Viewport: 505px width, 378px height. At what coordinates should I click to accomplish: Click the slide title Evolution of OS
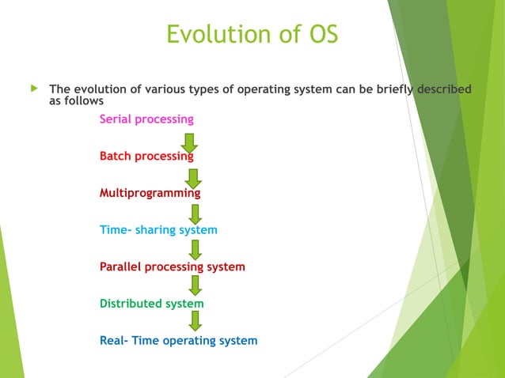pyautogui.click(x=252, y=35)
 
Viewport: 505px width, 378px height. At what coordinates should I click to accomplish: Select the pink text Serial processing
pyautogui.click(x=146, y=119)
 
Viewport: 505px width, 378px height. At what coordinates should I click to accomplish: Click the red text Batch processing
pyautogui.click(x=146, y=157)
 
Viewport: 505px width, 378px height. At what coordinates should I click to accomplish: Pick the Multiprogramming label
pyautogui.click(x=150, y=193)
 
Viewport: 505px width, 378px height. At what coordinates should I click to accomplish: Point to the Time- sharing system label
pyautogui.click(x=158, y=230)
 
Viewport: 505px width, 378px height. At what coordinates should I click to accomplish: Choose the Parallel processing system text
pyautogui.click(x=172, y=267)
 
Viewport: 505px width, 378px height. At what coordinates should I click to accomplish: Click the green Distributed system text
pyautogui.click(x=151, y=304)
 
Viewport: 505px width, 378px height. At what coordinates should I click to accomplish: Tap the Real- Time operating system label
pyautogui.click(x=178, y=341)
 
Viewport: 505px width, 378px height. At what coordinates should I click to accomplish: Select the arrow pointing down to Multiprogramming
pyautogui.click(x=190, y=176)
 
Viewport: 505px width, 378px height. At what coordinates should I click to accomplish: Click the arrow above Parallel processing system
pyautogui.click(x=195, y=250)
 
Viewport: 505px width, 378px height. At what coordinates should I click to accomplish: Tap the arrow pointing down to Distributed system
pyautogui.click(x=195, y=286)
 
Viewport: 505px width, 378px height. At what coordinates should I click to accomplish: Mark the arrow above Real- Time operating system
pyautogui.click(x=195, y=320)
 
